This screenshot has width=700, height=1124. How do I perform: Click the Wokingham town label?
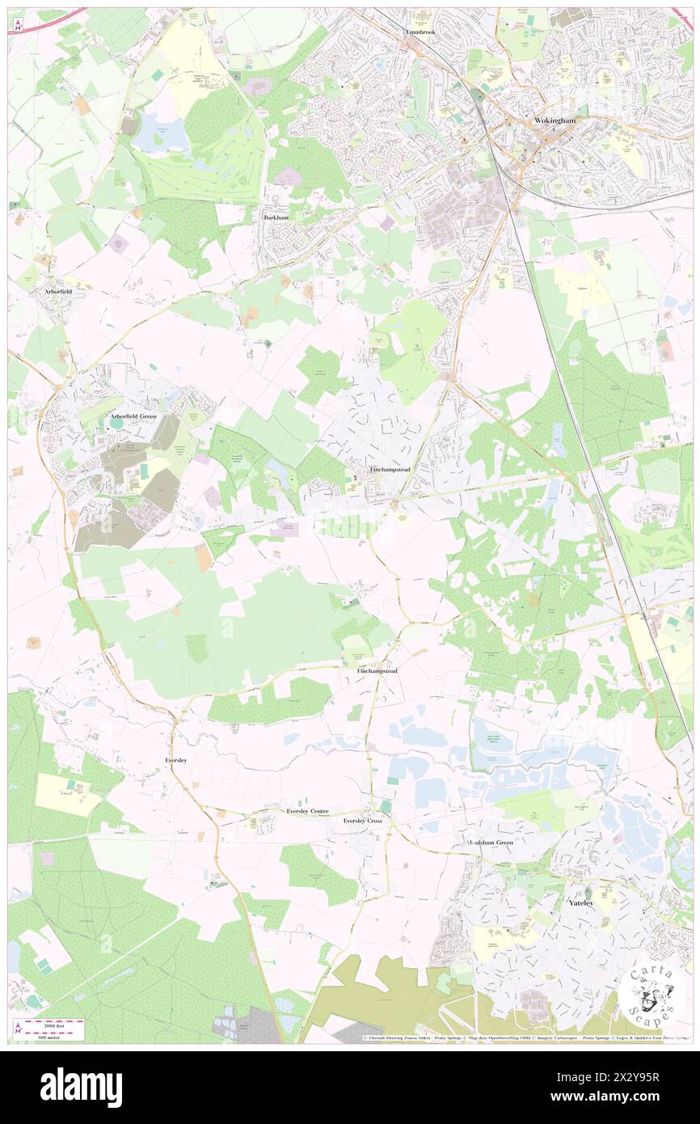pos(555,120)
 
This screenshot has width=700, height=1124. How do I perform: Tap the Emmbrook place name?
pos(420,32)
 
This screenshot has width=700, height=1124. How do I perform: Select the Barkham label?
pos(276,218)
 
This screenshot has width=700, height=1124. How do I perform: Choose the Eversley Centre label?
pos(308,810)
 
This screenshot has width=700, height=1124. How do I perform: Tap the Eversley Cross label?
pos(362,821)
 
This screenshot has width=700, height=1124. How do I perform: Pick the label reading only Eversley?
pos(176,761)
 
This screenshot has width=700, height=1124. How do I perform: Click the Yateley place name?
pos(581,902)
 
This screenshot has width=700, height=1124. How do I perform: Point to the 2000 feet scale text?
pos(53,1023)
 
